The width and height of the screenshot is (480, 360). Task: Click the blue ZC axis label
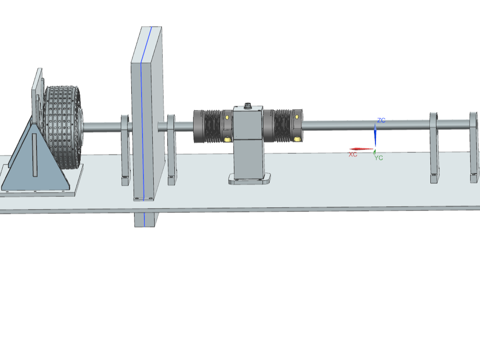[x=381, y=120]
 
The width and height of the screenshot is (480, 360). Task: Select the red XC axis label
[x=353, y=154]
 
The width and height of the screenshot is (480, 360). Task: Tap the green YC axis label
[x=378, y=158]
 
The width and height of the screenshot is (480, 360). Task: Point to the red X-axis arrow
[x=361, y=149]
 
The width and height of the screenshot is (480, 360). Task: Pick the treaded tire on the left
[x=62, y=127]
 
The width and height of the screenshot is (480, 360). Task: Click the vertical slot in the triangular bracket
[x=34, y=155]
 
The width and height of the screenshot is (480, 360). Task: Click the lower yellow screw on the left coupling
[x=227, y=139]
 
